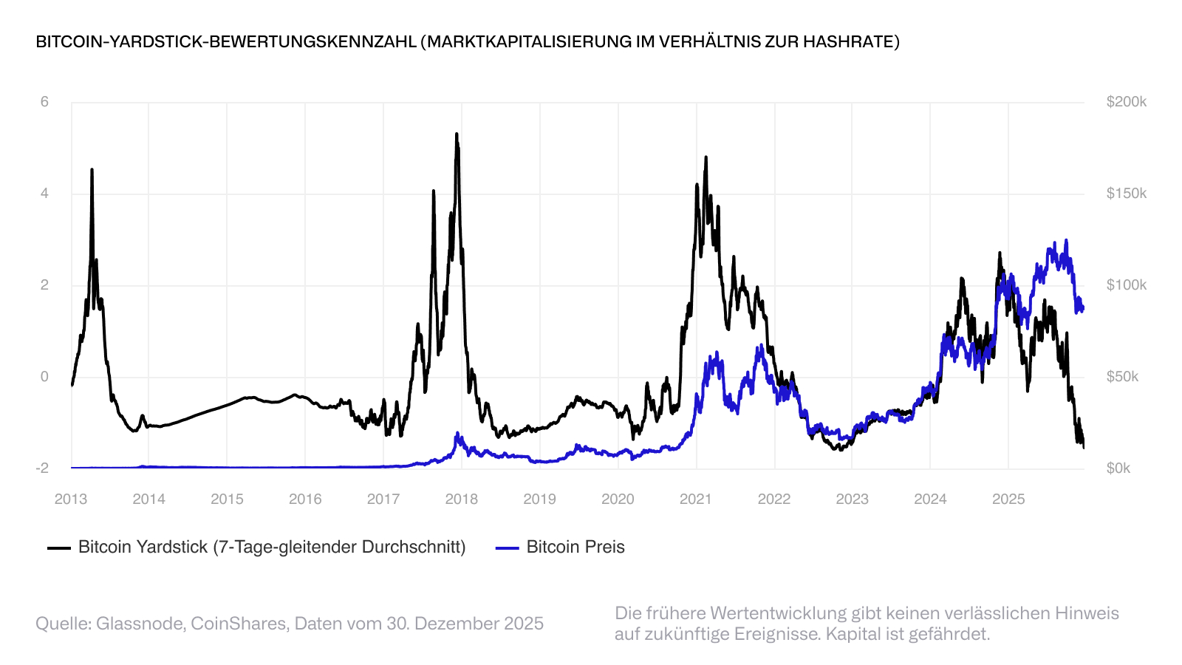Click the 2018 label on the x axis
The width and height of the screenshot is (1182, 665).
(461, 499)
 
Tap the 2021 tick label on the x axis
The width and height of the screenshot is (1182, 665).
(695, 499)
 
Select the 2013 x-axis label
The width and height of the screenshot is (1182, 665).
(71, 499)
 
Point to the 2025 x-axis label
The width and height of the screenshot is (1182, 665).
(1008, 499)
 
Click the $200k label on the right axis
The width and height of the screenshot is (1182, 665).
(1126, 102)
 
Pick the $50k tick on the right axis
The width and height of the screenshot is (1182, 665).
(1122, 377)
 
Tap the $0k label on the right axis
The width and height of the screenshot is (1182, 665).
(1118, 468)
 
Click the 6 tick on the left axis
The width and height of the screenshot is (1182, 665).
(44, 102)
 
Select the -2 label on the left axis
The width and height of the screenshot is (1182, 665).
(42, 468)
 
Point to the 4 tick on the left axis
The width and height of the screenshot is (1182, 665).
(44, 194)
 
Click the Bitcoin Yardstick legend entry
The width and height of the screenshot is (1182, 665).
(272, 548)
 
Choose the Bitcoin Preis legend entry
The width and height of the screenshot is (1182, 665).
(575, 548)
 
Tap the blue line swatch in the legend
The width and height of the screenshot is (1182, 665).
(507, 548)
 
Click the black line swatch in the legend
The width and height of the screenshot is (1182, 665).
(59, 548)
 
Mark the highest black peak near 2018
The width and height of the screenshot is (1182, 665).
(457, 134)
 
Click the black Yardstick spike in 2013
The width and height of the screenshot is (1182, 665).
(92, 170)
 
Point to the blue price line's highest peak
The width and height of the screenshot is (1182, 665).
(1066, 240)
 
